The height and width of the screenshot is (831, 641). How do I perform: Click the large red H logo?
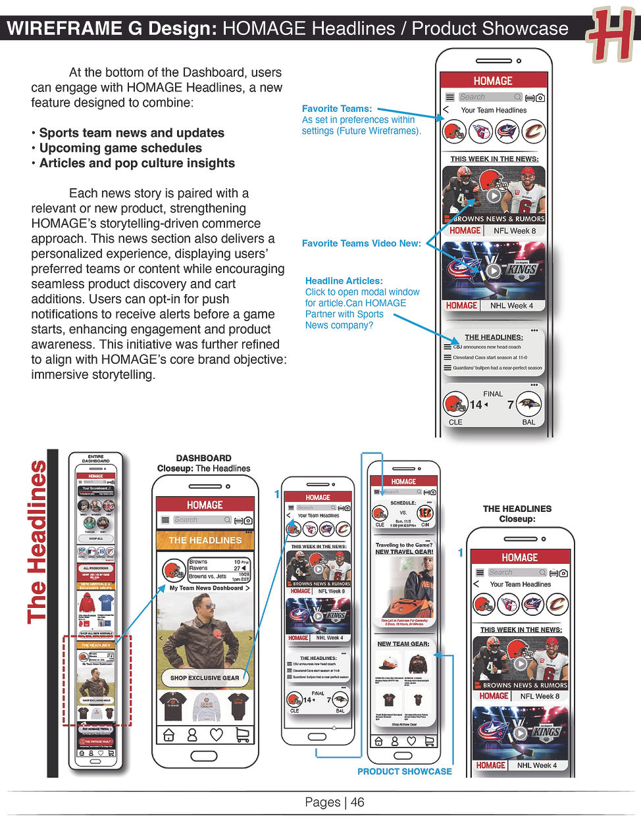click(x=611, y=34)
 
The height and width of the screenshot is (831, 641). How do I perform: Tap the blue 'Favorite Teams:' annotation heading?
click(x=336, y=109)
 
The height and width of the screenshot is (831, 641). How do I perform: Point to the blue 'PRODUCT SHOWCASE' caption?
click(x=404, y=771)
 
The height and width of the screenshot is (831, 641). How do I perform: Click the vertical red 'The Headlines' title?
click(x=38, y=541)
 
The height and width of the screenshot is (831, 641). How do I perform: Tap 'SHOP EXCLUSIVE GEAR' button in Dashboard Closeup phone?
click(x=205, y=677)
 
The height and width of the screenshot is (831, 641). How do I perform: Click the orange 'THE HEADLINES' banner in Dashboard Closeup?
click(x=205, y=540)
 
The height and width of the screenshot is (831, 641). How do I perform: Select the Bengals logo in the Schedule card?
click(x=425, y=513)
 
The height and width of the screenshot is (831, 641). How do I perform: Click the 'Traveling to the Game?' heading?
click(x=403, y=545)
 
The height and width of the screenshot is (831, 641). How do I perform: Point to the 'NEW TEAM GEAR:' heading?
click(x=403, y=644)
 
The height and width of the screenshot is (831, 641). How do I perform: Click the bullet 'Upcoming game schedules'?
click(x=120, y=148)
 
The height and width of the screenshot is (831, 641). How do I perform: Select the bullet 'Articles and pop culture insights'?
click(x=137, y=163)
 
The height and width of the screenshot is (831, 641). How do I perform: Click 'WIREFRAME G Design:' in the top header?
click(x=112, y=28)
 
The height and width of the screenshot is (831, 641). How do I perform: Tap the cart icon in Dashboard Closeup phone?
click(x=242, y=735)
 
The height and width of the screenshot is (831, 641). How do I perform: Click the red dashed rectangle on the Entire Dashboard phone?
click(x=97, y=680)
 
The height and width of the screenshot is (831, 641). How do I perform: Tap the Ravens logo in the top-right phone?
click(x=528, y=404)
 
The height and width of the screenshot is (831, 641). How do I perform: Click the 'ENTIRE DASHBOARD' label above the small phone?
click(x=95, y=458)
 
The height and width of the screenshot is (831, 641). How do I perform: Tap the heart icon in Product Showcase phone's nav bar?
click(x=411, y=741)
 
